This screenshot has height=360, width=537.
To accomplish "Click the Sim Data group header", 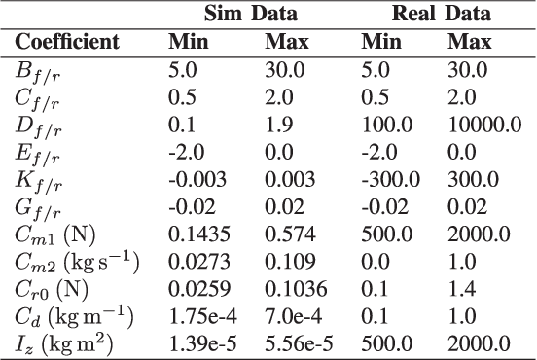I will [249, 14].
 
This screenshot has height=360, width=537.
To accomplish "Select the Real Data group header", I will [441, 14].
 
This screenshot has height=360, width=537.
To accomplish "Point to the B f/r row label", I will [35, 70].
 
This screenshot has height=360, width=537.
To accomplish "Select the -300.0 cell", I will [388, 180].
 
